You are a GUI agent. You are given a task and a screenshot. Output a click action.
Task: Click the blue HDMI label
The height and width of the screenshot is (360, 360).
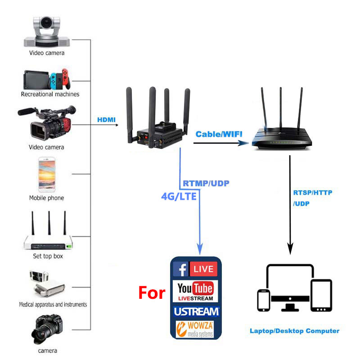[106, 120]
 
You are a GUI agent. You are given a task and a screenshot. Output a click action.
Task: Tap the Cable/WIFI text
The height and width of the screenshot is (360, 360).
[219, 134]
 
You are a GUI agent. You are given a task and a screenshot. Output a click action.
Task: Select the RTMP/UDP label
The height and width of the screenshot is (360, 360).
[206, 183]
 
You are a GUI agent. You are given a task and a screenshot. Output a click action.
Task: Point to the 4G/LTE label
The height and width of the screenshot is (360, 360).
[179, 196]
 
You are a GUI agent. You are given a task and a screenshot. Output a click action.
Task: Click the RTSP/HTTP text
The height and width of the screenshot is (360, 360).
[313, 193]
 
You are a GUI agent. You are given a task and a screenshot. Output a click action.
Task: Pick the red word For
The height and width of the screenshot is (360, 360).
[152, 293]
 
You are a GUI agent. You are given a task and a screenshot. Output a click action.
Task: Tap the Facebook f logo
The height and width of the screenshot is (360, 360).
[181, 269]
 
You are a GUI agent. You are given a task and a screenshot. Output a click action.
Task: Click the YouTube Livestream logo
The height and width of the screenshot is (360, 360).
[195, 291]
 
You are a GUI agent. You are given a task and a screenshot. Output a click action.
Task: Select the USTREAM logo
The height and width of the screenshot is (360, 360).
[197, 311]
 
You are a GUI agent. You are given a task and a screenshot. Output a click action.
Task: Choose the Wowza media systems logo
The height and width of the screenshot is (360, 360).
[195, 329]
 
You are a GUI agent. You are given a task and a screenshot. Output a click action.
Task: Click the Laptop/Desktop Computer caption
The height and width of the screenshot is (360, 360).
[294, 331]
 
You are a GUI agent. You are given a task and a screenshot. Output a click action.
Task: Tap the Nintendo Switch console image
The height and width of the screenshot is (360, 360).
[47, 79]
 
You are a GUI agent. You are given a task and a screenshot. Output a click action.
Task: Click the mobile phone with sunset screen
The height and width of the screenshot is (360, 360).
[47, 175]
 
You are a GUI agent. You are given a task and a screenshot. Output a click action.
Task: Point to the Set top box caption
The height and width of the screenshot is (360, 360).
[48, 256]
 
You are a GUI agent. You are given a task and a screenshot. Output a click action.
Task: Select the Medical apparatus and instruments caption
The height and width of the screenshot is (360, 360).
[53, 305]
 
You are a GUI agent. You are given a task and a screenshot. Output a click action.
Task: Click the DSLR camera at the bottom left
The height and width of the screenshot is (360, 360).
[47, 329]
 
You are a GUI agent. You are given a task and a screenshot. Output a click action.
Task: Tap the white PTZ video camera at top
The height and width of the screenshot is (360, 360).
[47, 31]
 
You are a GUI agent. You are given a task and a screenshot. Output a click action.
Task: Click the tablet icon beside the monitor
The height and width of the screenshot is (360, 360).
[321, 296]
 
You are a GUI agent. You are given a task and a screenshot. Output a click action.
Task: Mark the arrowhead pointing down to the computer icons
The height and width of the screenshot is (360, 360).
[290, 249]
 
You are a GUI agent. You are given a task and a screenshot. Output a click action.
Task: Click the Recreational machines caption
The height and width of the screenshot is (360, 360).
[50, 94]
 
